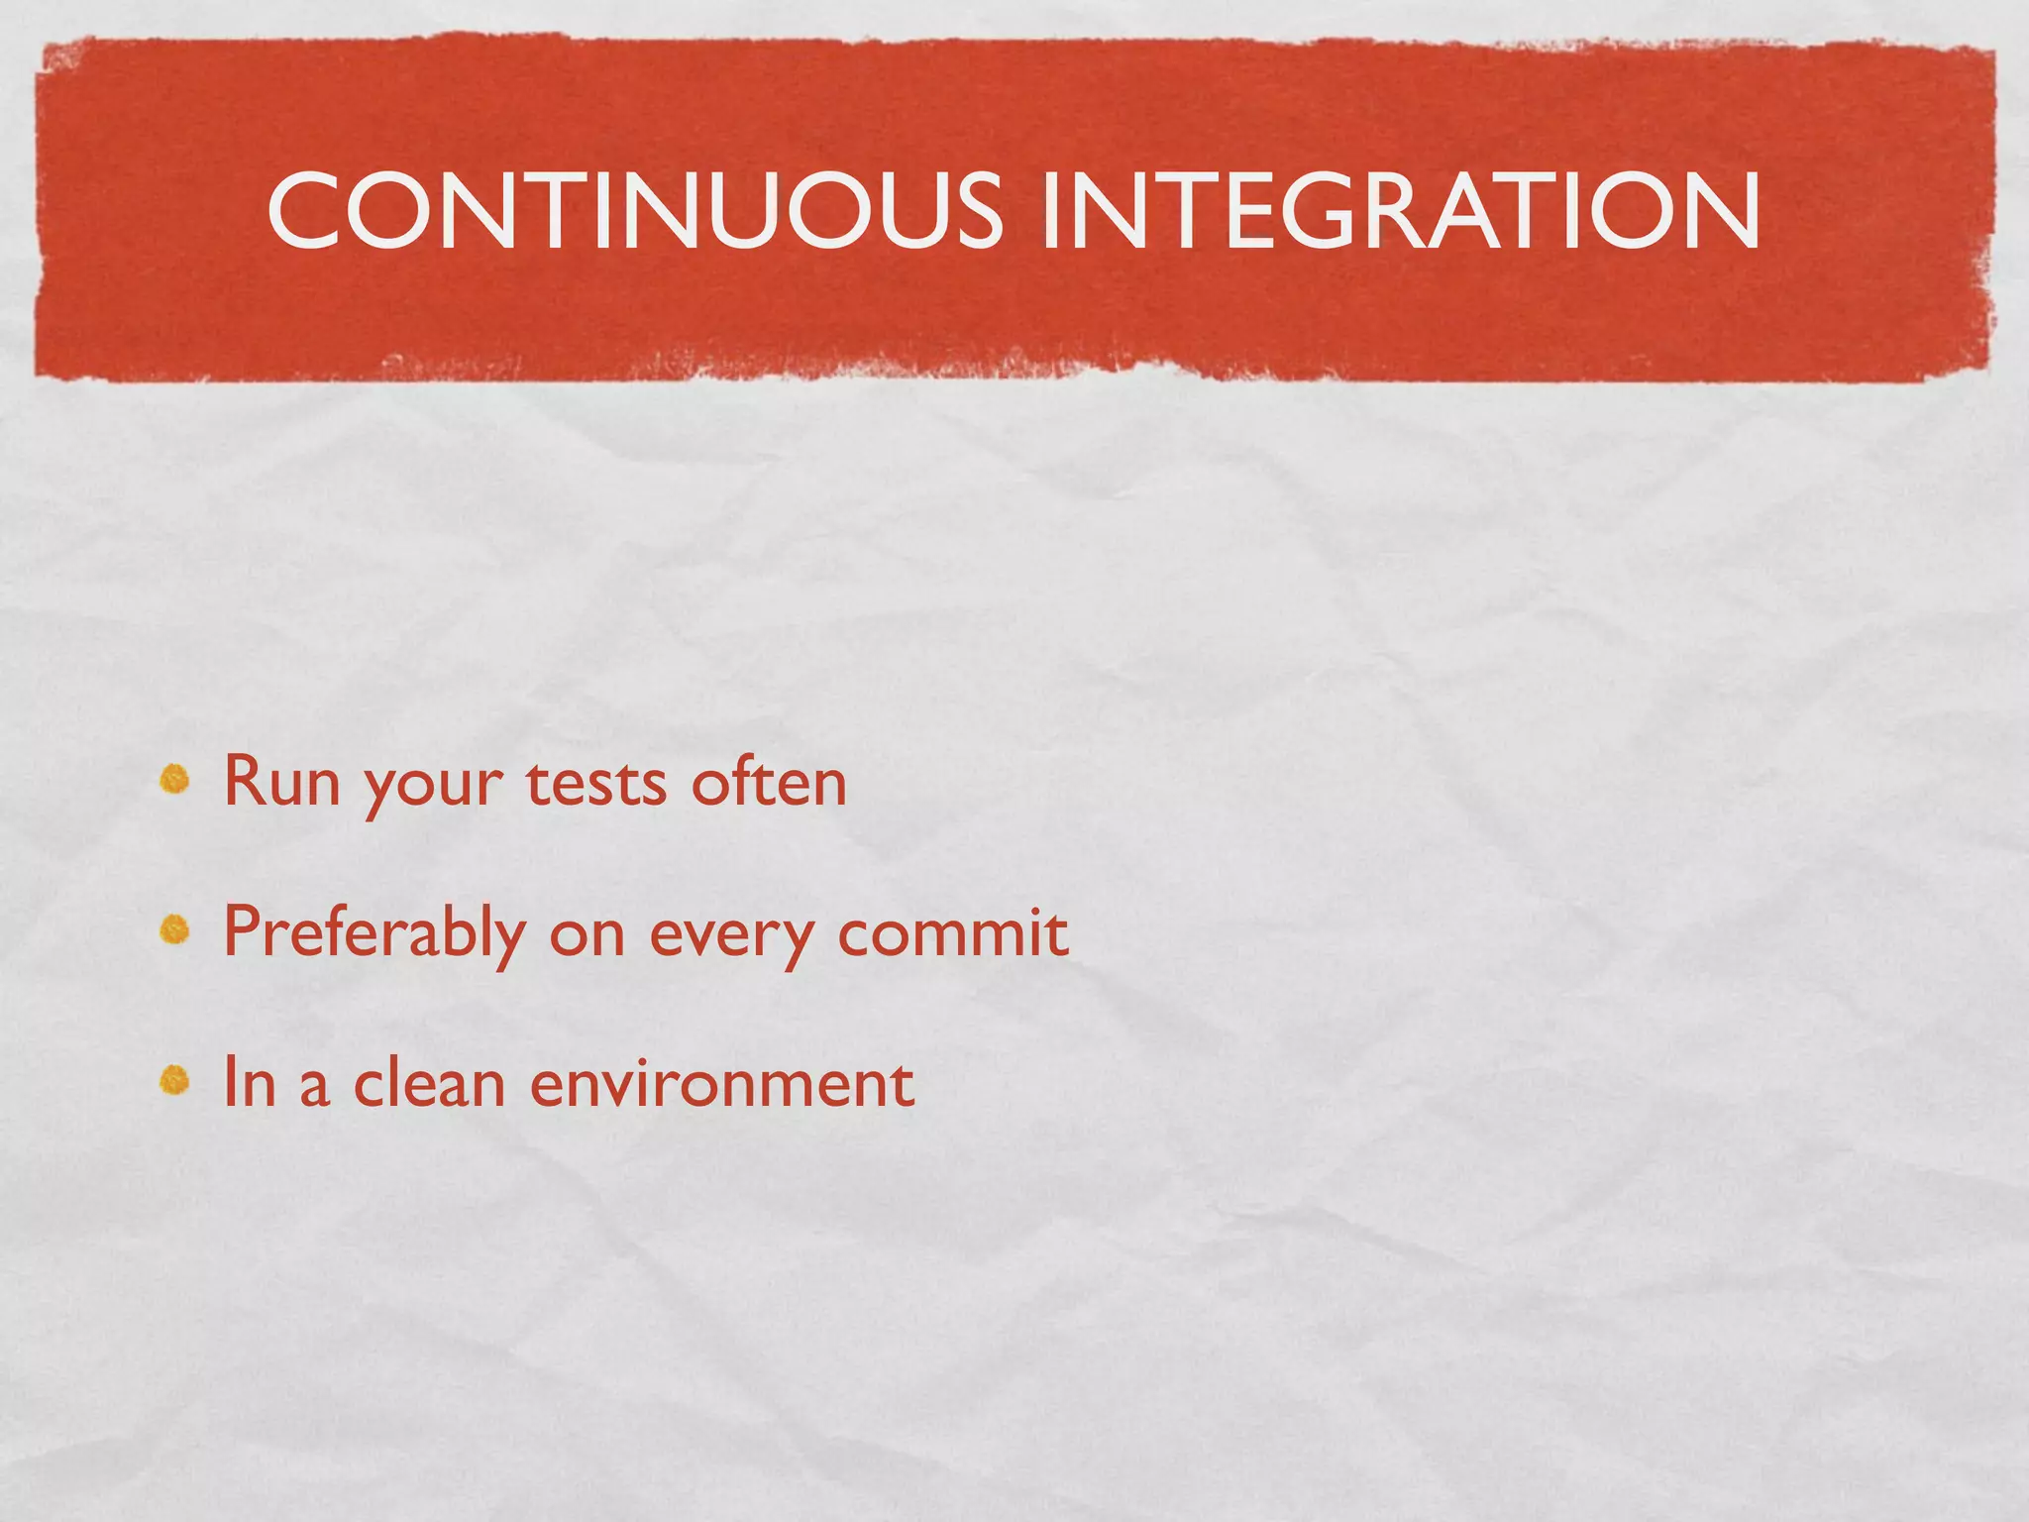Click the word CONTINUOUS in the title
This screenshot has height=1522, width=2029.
coord(634,210)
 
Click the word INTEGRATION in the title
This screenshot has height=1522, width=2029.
coord(1399,210)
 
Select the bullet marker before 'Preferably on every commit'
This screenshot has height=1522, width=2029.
coord(175,929)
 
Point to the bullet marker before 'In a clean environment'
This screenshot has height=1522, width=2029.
coord(175,1080)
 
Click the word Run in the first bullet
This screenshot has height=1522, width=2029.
coord(281,783)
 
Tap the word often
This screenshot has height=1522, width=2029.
coord(769,783)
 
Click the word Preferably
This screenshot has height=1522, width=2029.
coord(374,933)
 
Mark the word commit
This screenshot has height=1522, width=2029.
coord(953,933)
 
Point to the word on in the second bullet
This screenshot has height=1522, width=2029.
coord(587,937)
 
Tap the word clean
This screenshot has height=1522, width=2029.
coord(430,1082)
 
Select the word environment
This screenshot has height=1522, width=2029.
coord(721,1084)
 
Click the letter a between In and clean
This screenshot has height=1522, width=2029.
coord(313,1088)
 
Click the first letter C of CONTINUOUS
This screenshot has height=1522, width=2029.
coord(307,210)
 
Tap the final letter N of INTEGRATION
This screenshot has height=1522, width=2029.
coord(1720,210)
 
